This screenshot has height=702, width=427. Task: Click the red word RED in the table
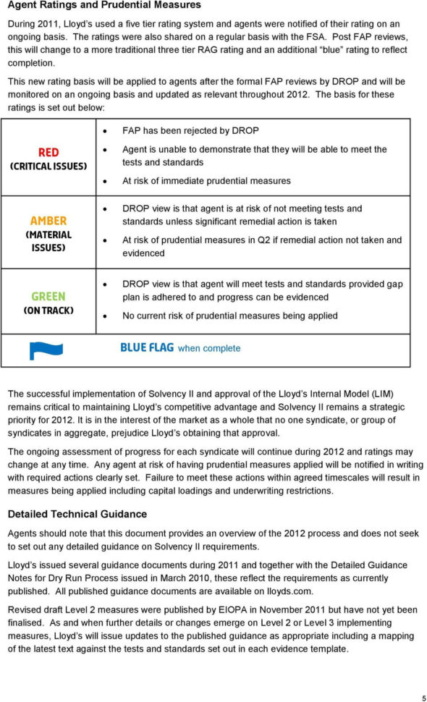tap(48, 152)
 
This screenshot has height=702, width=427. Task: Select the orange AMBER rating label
tap(48, 221)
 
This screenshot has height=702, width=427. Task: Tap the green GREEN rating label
tap(48, 296)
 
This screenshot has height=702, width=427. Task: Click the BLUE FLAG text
tap(147, 347)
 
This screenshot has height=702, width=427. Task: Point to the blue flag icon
tap(45, 350)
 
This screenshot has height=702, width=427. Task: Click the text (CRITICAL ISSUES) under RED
tap(48, 166)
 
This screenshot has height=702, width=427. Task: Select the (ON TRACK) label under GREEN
tap(48, 310)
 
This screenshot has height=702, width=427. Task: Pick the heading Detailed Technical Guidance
tap(77, 514)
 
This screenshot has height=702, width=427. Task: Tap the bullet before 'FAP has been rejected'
tap(106, 132)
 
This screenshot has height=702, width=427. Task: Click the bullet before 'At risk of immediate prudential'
tap(106, 181)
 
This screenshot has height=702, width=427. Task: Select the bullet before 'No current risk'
tap(106, 316)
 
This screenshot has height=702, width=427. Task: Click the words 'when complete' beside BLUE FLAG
tap(209, 348)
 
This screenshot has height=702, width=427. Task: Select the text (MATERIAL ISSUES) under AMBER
tap(48, 241)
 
